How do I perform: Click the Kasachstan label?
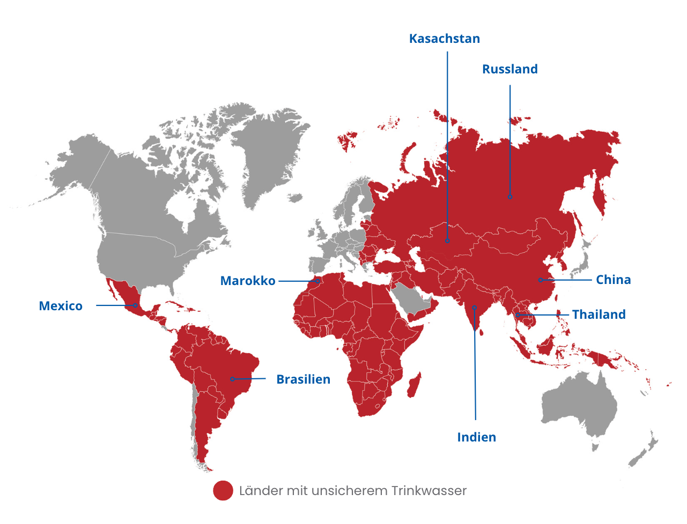point(444,39)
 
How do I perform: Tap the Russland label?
point(509,69)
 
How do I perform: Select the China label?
point(613,280)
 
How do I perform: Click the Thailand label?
point(599,315)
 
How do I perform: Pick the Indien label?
point(476,437)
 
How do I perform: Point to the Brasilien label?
point(303,379)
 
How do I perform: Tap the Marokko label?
point(248,281)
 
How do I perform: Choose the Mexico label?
point(61,306)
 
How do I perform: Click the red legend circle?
point(223,490)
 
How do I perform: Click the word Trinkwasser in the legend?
point(429,491)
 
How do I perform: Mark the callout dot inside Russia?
point(510,197)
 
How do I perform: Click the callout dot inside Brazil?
point(232,379)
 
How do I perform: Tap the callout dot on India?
point(475,308)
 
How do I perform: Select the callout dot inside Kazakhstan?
point(447,241)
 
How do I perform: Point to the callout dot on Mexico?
point(135,305)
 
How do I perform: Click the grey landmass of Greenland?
point(268,150)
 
